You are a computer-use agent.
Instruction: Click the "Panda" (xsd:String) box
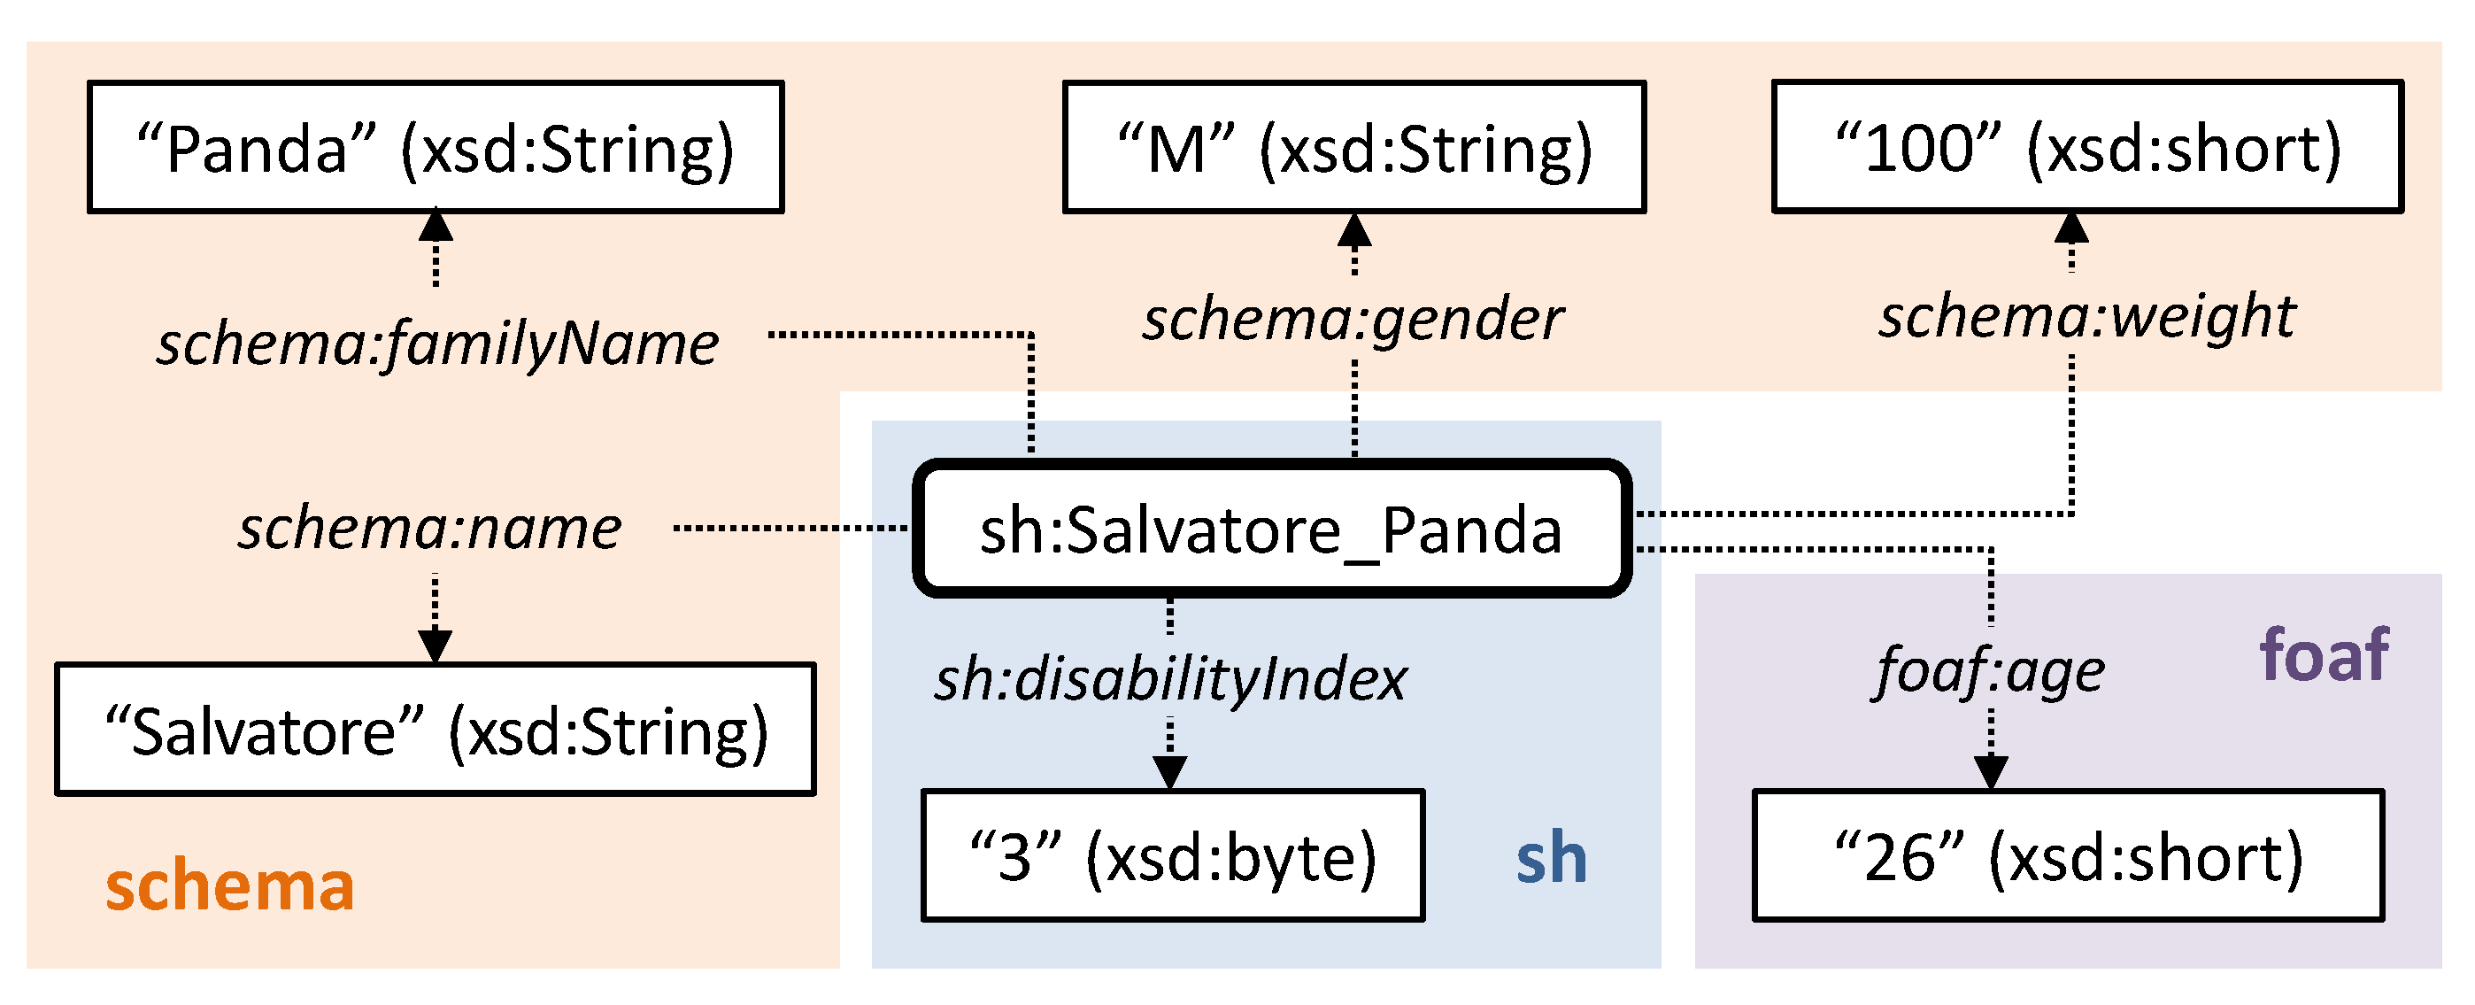436,147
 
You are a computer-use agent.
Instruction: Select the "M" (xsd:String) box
1353,147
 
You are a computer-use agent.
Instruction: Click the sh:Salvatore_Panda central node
1271,529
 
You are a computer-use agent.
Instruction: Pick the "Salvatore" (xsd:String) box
436,730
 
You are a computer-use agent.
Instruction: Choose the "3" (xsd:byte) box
1172,855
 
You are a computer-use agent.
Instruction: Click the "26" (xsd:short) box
2068,855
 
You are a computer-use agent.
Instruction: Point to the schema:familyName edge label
437,343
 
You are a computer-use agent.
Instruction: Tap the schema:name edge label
429,528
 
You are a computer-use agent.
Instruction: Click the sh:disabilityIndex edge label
1169,678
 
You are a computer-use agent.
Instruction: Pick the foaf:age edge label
1989,669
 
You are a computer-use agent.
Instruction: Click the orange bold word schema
229,885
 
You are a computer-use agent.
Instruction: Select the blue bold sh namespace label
1551,857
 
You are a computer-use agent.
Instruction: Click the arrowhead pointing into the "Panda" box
436,225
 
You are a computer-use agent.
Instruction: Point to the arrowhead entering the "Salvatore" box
436,646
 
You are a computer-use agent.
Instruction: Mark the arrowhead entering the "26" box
1990,771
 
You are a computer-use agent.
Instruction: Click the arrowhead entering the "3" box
1169,771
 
